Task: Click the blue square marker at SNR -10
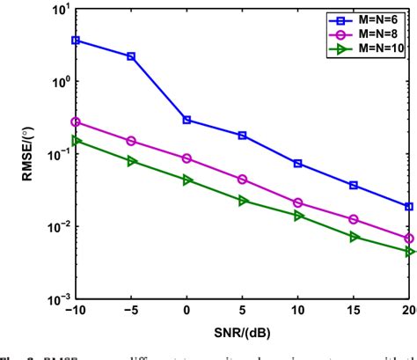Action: (76, 40)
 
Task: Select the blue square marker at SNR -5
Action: (131, 56)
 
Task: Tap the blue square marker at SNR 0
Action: (187, 120)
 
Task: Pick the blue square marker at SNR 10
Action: (298, 164)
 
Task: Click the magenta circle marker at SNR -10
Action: (76, 122)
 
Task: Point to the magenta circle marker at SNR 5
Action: (243, 180)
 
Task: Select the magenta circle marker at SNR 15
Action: (354, 219)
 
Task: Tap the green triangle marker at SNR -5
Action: (131, 161)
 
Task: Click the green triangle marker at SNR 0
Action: (187, 180)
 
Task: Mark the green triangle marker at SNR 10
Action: (298, 216)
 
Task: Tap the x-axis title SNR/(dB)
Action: (242, 334)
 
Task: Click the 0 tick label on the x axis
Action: (187, 312)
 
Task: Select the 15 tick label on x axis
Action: (354, 312)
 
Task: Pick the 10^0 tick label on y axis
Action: (58, 81)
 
